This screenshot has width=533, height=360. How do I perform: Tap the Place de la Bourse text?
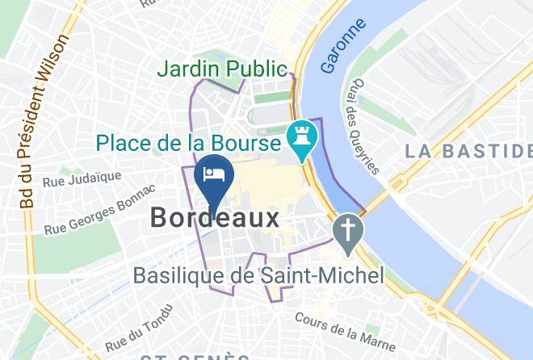189,144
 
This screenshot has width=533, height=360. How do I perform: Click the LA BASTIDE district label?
468,150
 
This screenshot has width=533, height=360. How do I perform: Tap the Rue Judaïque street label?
82,178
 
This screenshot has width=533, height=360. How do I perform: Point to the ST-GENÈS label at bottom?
194,356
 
